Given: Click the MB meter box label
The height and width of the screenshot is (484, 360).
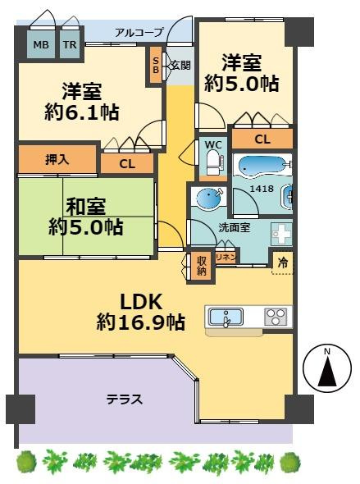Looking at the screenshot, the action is [41, 45].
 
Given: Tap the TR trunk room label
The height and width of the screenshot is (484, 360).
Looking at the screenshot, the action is [70, 45].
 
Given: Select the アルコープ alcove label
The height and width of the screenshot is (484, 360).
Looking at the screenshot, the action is [139, 32].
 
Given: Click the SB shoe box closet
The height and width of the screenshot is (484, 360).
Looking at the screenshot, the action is [156, 65].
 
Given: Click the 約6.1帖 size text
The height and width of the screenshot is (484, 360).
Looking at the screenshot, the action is [82, 112].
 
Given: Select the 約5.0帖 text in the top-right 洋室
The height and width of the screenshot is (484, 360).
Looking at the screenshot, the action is [242, 84].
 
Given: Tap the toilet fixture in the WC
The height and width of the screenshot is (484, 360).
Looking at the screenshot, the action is [214, 162].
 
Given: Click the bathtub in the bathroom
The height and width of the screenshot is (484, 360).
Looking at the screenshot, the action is [262, 167].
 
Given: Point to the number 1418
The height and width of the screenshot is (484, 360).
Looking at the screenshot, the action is [262, 189].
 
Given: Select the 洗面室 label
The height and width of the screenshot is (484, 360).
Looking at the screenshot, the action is [235, 228].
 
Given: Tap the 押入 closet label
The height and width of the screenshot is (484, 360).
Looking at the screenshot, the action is [57, 160].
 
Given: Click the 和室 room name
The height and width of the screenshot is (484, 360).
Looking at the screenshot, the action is [86, 206].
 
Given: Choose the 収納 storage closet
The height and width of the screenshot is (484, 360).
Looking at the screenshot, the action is [201, 266].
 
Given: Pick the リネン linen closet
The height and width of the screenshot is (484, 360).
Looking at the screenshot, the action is [226, 257].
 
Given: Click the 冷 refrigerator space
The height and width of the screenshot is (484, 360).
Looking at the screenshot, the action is [283, 263].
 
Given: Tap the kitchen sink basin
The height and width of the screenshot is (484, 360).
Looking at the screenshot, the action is [226, 317].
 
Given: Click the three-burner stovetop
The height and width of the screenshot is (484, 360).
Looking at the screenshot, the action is [276, 317].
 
